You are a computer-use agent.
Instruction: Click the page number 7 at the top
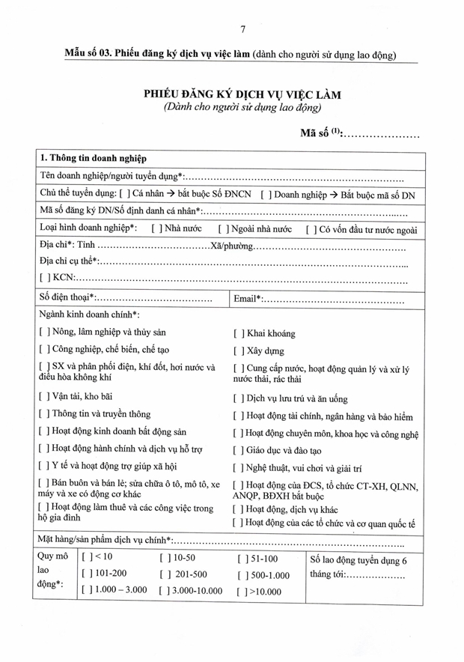point(243,30)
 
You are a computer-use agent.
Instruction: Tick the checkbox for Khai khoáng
point(237,334)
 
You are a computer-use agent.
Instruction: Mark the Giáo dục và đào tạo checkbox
point(237,452)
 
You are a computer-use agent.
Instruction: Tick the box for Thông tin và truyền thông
point(43,414)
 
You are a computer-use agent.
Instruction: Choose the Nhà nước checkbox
point(156,229)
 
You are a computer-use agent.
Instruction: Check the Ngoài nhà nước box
point(222,229)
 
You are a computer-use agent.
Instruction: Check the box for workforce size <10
point(85,558)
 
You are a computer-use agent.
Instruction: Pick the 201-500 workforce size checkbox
point(164,574)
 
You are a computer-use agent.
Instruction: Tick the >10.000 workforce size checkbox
point(241,592)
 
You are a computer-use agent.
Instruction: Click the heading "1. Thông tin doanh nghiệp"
point(93,159)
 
